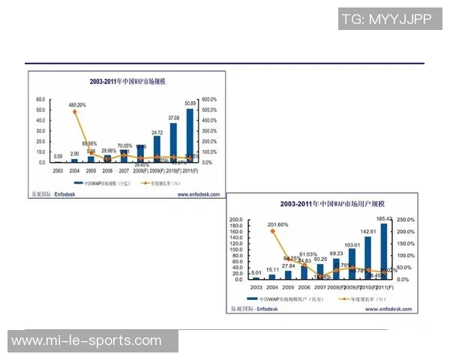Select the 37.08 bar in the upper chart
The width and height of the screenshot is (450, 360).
173,142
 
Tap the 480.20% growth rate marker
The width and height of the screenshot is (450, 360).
74,112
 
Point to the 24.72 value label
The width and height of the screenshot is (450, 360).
157,132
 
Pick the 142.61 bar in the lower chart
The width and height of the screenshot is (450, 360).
367,258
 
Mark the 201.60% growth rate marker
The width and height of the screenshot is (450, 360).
273,231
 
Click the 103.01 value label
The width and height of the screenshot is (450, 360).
352,244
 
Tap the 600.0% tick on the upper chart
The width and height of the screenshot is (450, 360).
209,99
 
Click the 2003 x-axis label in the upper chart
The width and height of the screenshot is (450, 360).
58,171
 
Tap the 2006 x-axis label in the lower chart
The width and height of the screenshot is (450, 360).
304,288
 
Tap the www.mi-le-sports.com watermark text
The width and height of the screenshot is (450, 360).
86,340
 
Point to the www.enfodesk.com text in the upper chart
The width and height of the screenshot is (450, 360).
198,194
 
